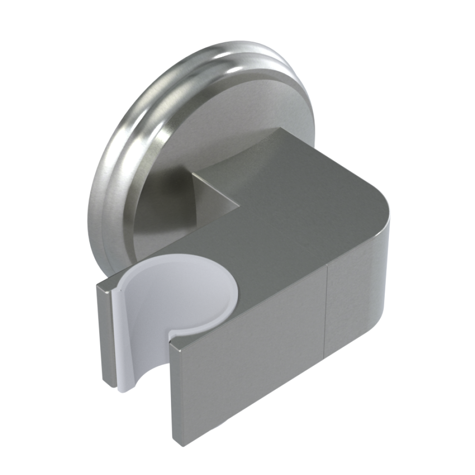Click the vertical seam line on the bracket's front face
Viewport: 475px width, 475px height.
[327, 309]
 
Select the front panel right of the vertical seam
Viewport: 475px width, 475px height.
[356, 304]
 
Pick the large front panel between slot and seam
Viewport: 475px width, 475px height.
[247, 361]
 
